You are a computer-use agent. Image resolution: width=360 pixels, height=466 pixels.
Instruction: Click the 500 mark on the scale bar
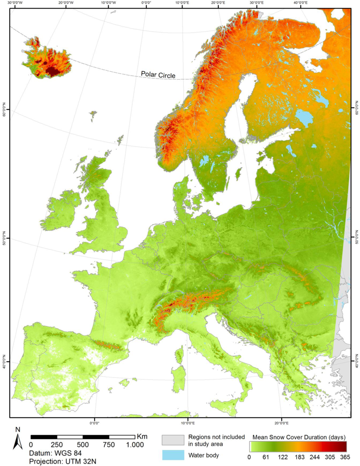click(83, 445)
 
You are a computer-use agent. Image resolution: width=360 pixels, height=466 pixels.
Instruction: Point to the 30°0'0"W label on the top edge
click(23, 4)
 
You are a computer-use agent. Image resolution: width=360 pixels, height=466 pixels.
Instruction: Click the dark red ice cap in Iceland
click(53, 71)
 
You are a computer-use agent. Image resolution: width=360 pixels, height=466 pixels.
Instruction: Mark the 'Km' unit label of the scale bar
click(142, 437)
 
